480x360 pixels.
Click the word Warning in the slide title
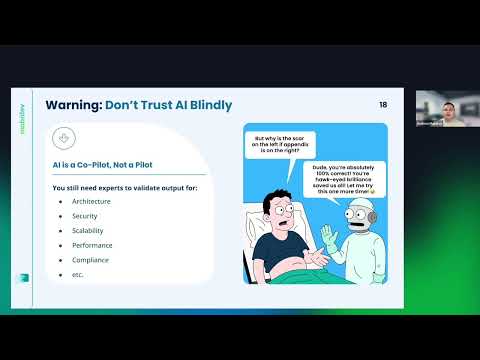(74, 105)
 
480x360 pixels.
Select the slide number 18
(384, 105)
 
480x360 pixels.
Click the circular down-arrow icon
(65, 139)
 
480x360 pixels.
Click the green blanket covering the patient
(300, 284)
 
